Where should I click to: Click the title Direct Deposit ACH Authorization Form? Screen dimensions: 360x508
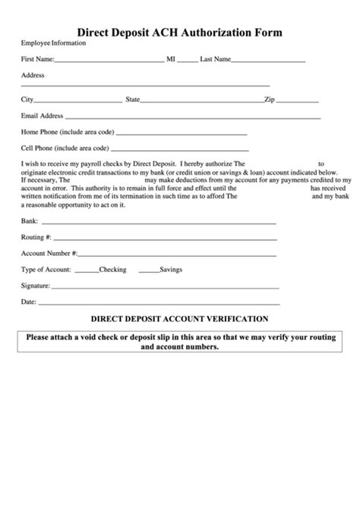coord(180,33)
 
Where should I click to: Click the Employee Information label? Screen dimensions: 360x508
coord(53,43)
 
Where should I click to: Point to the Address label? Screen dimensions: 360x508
coord(33,75)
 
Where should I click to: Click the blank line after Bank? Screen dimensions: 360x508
coord(157,223)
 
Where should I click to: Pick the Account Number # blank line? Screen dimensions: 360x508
coord(177,254)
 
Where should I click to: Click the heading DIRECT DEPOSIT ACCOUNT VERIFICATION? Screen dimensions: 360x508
coord(179,319)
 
